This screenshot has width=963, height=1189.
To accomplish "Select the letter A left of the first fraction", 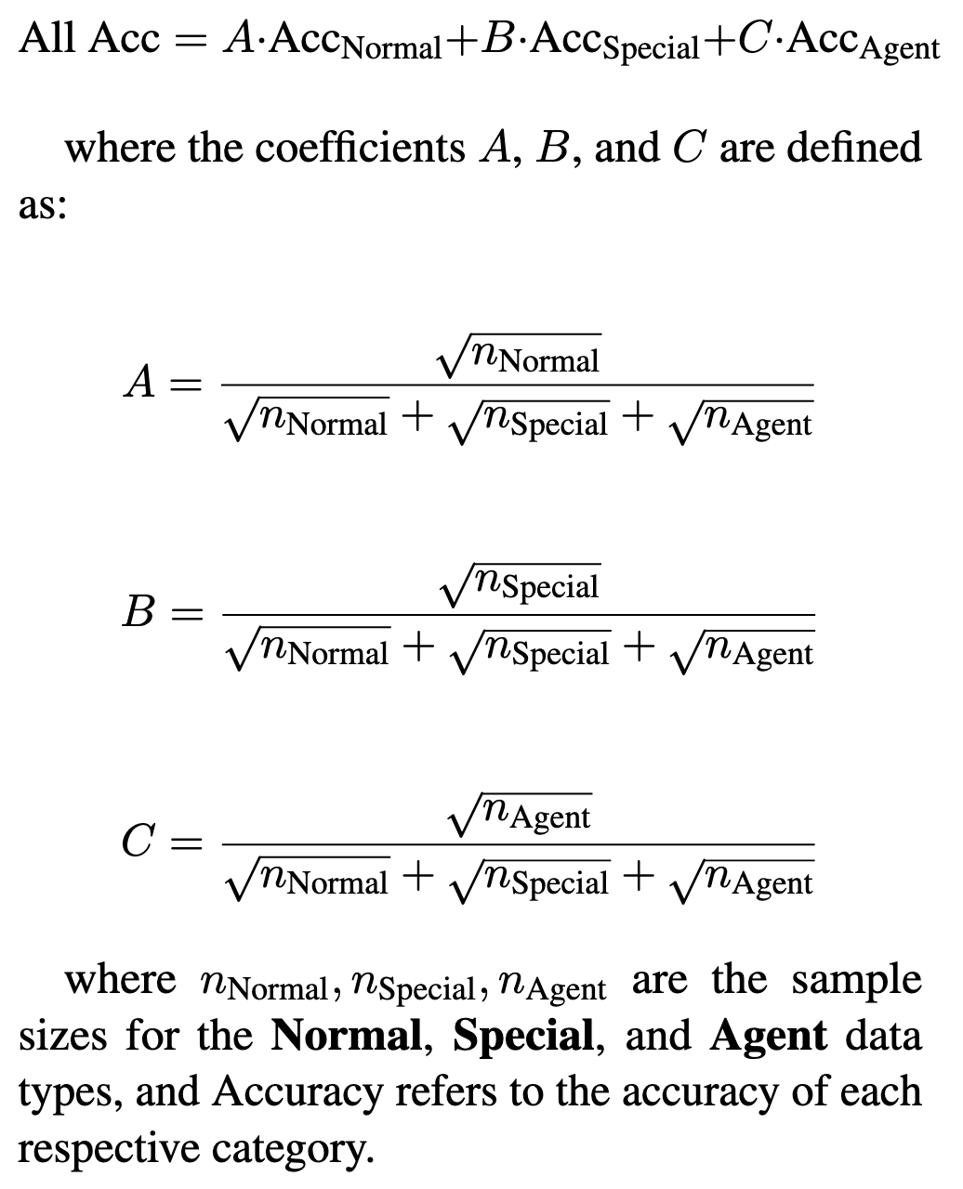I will click(139, 382).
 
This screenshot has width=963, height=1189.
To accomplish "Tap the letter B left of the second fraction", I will click(139, 612).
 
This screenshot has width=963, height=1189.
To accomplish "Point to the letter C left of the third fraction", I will click(139, 843).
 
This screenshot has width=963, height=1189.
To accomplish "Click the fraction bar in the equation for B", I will click(517, 615).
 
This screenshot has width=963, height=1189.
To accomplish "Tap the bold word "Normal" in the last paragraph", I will click(346, 1036).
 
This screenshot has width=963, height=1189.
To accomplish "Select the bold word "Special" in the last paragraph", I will click(522, 1036).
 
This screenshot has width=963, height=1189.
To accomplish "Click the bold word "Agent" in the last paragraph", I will click(768, 1036).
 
